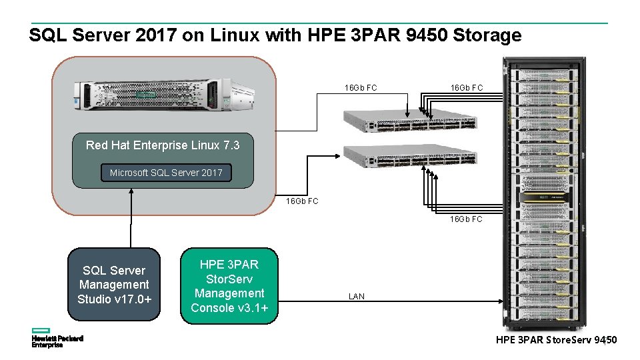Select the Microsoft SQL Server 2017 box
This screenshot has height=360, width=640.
pos(167,173)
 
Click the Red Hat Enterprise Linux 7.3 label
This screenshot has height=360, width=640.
pos(163,145)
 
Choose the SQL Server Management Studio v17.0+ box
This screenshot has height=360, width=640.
pos(114,285)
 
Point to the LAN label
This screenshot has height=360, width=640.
pos(357,296)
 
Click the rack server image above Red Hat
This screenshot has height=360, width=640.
pos(164,95)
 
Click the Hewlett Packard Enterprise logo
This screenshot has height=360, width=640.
pos(57,338)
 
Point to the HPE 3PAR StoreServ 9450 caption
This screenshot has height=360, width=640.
pos(556,341)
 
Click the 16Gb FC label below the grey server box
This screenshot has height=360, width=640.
pos(302,201)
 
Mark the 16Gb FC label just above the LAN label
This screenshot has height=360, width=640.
pos(466,219)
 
